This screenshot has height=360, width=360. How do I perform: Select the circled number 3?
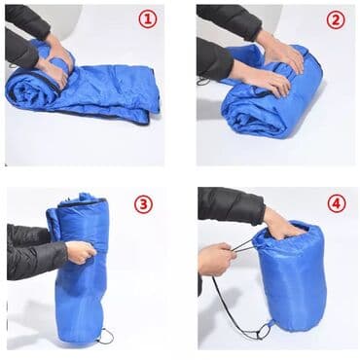click(x=143, y=203)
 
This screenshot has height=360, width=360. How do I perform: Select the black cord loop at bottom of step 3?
click(x=105, y=336)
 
